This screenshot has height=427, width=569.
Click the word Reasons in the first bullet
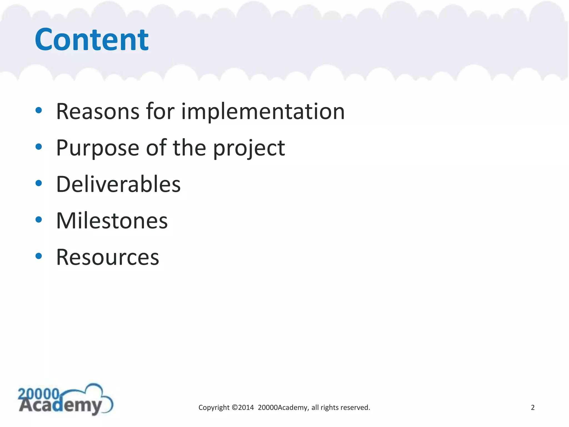pos(98,111)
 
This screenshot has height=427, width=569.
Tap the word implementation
pos(263,111)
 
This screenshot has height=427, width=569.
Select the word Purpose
pos(98,148)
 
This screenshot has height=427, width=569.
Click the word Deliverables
pos(118,184)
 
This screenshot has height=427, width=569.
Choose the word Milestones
pos(112,221)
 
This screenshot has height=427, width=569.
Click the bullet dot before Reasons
pos(39,110)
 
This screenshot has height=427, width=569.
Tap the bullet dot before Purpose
pos(39,147)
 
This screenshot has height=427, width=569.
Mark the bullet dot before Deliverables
pos(39,183)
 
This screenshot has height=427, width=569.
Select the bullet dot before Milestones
pos(39,220)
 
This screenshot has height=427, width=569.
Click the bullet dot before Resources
pos(39,256)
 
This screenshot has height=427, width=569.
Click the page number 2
pos(533,408)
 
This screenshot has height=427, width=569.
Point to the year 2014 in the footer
pos(246,408)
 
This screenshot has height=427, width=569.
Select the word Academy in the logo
pos(60,406)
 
